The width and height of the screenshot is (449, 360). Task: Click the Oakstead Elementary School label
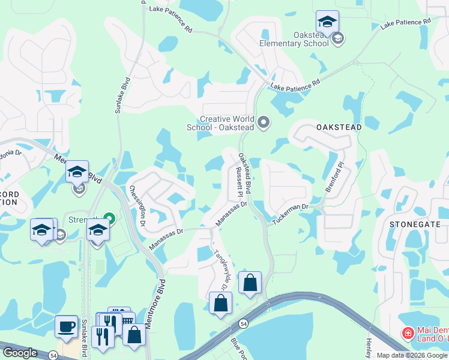point(294,39)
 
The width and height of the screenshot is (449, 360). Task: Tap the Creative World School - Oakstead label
point(228,123)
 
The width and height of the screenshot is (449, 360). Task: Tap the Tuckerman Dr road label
point(290,212)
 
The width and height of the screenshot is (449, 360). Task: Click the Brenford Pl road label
point(334,176)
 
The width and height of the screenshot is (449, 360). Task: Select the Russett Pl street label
point(238,182)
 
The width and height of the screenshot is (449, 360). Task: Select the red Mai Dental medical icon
point(408,332)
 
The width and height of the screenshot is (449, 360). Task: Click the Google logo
point(20,353)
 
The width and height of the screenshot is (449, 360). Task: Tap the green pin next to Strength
point(109,217)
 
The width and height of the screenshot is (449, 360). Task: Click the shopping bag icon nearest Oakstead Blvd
point(250,282)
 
